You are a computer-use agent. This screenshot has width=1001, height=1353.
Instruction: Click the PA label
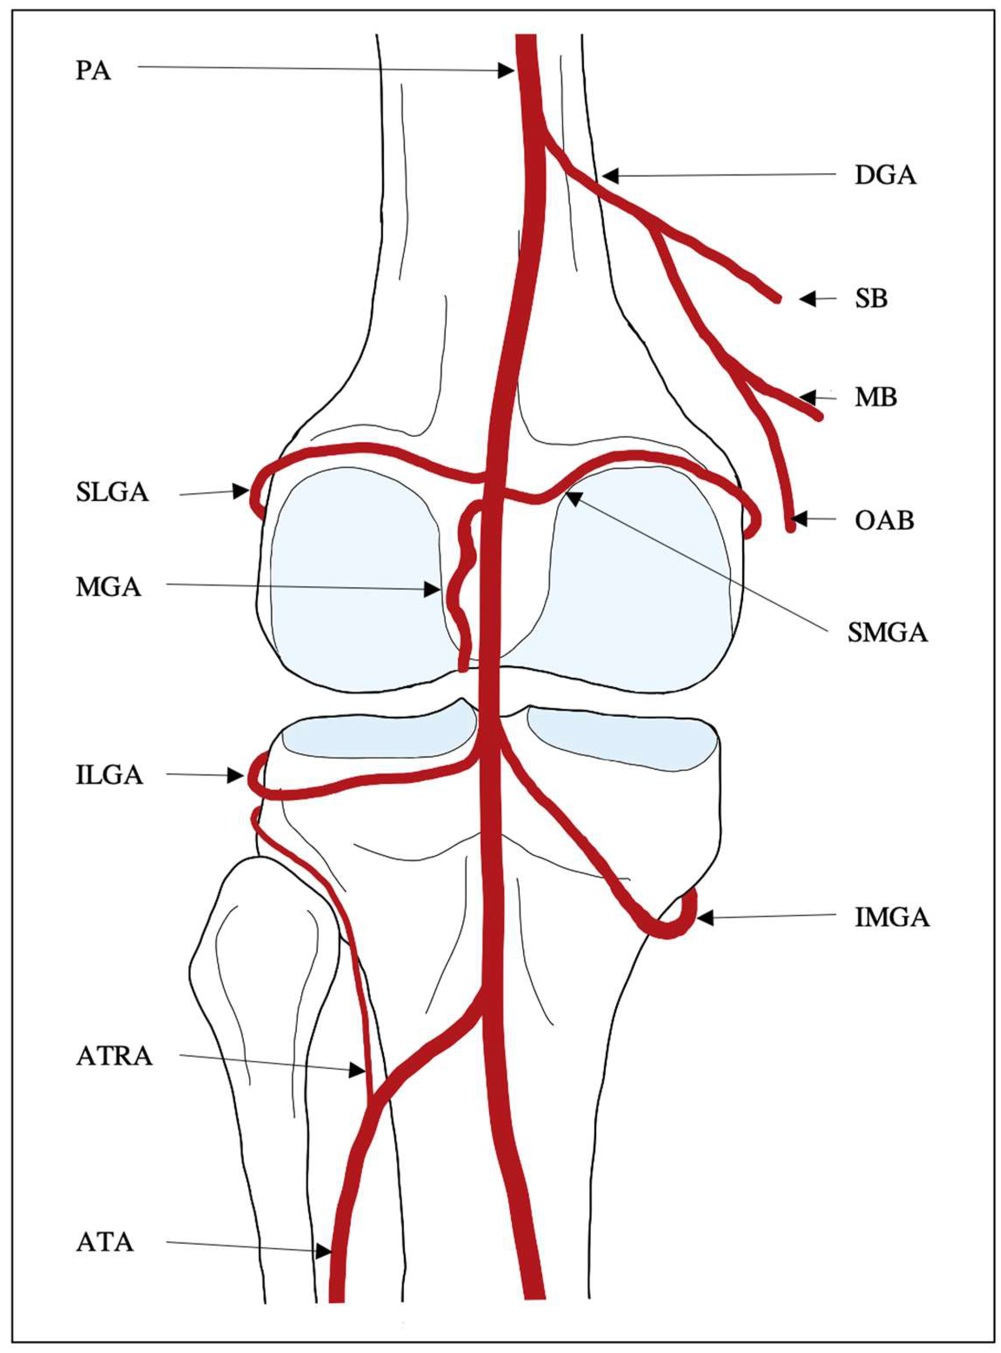click(x=93, y=71)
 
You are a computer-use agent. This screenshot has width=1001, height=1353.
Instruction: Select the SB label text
click(x=871, y=299)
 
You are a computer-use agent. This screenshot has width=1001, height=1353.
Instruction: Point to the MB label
click(x=876, y=398)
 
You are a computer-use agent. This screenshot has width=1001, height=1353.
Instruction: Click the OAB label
click(x=884, y=520)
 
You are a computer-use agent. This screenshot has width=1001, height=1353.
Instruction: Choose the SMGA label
click(x=887, y=633)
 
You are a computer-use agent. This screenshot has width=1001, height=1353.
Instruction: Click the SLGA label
click(x=112, y=493)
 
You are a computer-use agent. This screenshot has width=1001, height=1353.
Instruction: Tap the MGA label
click(x=108, y=587)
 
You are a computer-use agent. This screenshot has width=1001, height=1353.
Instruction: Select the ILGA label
click(x=110, y=776)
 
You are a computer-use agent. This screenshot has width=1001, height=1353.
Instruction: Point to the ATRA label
click(x=114, y=1056)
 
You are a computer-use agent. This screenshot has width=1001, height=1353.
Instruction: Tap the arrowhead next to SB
click(x=807, y=299)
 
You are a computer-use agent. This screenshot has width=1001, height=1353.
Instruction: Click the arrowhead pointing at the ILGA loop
click(x=236, y=776)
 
